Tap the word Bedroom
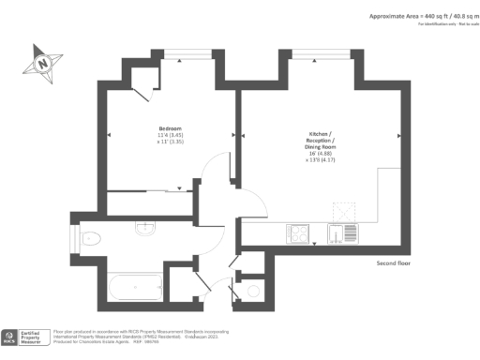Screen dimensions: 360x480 click(169, 127)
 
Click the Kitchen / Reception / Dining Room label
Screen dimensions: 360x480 click(319, 141)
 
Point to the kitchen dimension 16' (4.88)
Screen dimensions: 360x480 click(319, 155)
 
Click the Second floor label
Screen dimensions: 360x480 click(391, 263)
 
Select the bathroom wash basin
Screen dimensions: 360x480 click(143, 228)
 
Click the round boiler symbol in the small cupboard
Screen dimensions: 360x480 click(254, 292)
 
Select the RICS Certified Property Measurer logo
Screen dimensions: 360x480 click(24, 337)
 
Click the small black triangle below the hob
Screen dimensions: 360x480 click(315, 245)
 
